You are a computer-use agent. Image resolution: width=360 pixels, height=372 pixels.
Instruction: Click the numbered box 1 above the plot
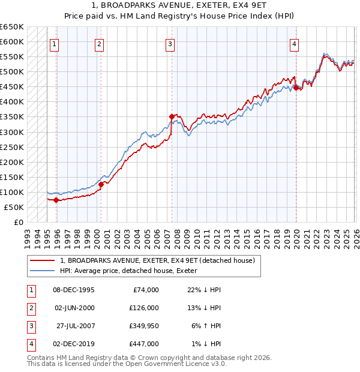click(55, 43)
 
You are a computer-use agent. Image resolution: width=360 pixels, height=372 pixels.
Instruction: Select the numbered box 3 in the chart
click(170, 43)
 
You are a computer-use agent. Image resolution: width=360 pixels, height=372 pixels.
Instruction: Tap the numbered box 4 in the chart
click(295, 43)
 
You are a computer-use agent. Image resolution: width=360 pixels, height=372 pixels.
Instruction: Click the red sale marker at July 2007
click(172, 116)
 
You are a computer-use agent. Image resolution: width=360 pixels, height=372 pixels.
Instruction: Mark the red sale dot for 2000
click(101, 184)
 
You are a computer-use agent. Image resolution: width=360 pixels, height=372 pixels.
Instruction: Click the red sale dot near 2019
click(296, 88)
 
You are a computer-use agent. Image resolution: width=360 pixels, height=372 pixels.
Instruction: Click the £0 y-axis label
click(19, 222)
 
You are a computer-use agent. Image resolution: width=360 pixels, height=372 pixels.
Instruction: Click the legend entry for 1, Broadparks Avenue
click(157, 260)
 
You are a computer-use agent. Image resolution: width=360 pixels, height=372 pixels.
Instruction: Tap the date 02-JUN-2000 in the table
click(74, 307)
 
